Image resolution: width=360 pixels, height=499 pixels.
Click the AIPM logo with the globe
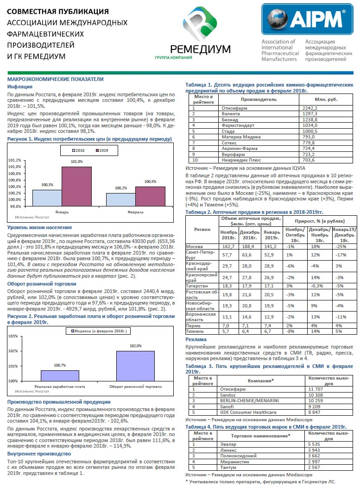tap(307, 19)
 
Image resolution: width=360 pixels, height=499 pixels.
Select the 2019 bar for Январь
tap(76, 186)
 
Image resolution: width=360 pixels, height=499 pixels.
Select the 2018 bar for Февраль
tap(121, 200)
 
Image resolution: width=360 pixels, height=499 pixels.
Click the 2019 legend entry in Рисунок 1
tap(102, 150)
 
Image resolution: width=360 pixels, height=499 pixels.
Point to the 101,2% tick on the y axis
tap(15, 160)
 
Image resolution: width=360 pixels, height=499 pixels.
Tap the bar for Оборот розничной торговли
tap(135, 366)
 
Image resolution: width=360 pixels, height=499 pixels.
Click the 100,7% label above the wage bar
tap(60, 365)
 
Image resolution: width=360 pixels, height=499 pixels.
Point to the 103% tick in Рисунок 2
tap(13, 336)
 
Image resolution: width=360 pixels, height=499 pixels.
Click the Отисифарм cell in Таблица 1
tap(234, 108)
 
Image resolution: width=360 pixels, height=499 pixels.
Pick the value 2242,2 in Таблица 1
tap(310, 108)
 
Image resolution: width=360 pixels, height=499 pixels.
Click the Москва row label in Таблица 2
tap(194, 247)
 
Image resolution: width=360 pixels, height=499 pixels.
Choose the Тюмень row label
tap(194, 331)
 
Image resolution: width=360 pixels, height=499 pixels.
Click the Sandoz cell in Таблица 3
tap(228, 395)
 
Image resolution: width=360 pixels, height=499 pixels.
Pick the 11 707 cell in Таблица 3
tap(316, 389)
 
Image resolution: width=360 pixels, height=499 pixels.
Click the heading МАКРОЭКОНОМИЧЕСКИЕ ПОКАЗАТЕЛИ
tap(56, 79)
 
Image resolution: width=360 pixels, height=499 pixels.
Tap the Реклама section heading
tap(196, 340)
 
